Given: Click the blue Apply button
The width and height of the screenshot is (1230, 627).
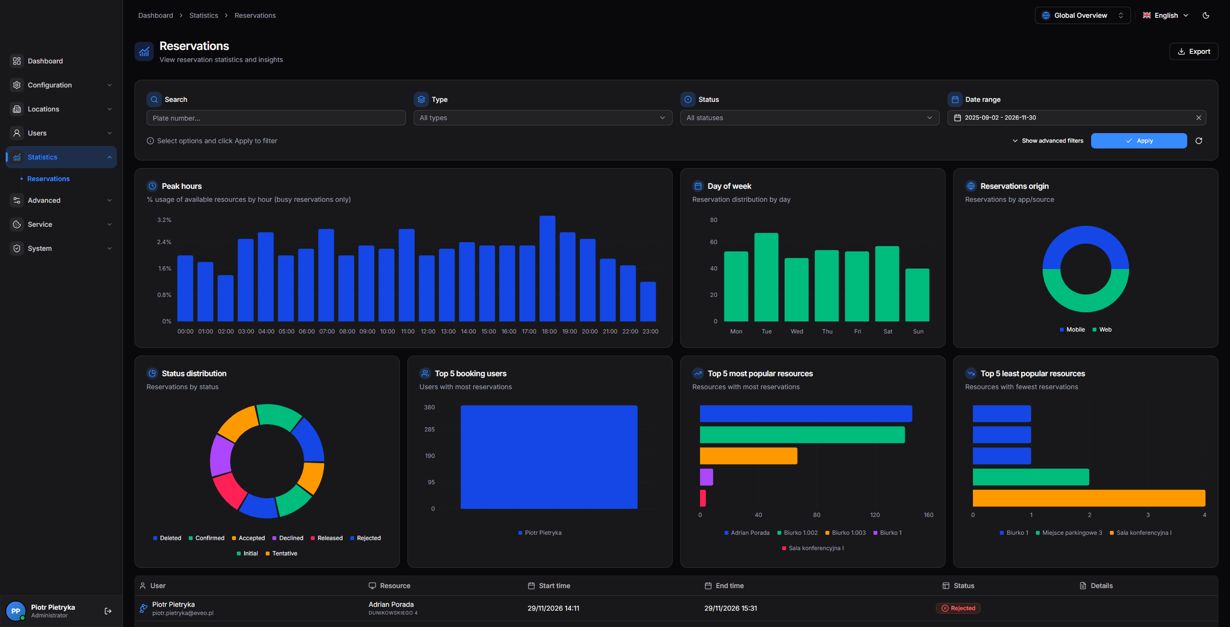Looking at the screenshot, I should [1138, 141].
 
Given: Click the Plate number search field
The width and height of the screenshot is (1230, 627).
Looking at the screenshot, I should [276, 118].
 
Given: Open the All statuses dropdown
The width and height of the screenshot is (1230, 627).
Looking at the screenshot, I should [809, 118].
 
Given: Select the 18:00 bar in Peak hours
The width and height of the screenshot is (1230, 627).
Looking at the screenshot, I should [547, 269].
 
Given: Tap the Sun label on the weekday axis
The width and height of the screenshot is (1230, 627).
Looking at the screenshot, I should [918, 332].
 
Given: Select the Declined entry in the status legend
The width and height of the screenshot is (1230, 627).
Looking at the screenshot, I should [288, 538].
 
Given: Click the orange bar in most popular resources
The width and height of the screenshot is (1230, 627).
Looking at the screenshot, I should [748, 456].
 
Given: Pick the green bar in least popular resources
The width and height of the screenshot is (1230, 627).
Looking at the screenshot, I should [1031, 477].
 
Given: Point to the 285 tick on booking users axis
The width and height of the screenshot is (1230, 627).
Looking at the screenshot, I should [430, 430].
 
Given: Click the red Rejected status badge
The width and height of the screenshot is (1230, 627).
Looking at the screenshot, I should [958, 608].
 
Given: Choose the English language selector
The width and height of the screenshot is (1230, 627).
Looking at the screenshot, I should [1165, 15].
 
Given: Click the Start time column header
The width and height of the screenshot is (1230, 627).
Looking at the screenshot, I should [554, 586].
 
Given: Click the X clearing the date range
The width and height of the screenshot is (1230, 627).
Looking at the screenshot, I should [1198, 118].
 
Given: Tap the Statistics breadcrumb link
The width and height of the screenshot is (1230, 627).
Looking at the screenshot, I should [204, 15].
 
